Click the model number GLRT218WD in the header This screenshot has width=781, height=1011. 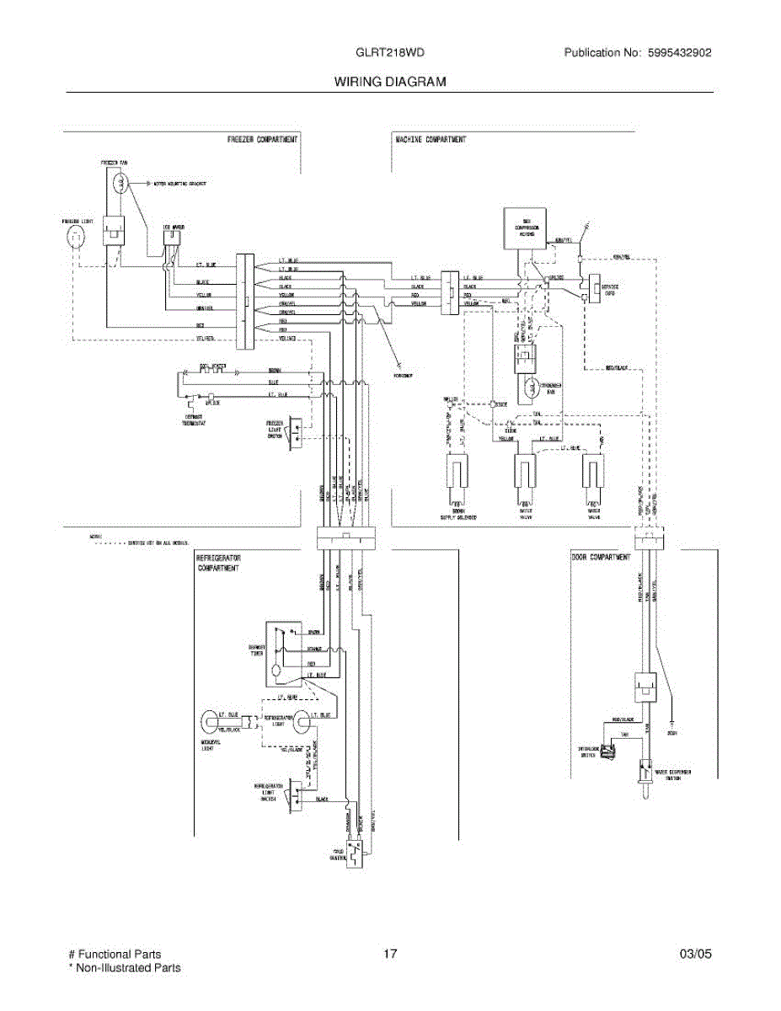[390, 52]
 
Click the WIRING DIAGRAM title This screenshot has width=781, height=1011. [390, 82]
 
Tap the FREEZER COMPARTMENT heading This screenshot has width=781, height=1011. [263, 139]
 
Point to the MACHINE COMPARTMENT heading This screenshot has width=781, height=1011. [431, 139]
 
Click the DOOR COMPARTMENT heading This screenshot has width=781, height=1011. [601, 557]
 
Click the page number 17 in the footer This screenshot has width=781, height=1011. [389, 954]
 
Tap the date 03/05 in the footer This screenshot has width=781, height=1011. [695, 954]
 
